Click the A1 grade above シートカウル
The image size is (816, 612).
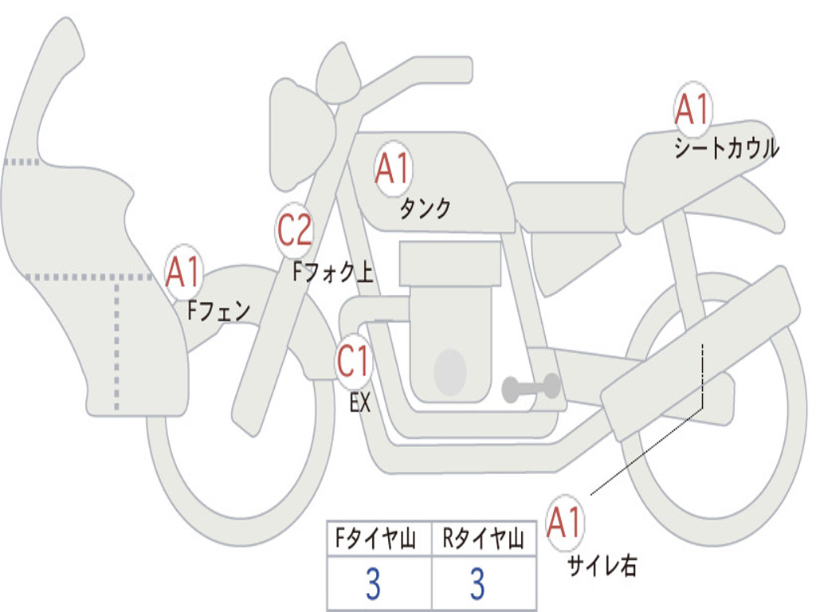click(692, 109)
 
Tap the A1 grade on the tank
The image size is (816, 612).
click(392, 168)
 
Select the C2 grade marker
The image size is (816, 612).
click(295, 231)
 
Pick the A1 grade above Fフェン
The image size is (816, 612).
click(183, 273)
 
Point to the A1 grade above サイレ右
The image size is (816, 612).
click(566, 523)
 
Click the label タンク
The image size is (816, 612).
click(425, 209)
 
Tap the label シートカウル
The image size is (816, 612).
click(726, 149)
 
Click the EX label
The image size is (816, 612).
click(360, 403)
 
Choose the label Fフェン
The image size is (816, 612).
click(218, 310)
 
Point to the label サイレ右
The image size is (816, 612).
click(602, 566)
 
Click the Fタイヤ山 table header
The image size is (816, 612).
click(379, 540)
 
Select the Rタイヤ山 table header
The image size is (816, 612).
click(483, 540)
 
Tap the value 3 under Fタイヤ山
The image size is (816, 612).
click(373, 585)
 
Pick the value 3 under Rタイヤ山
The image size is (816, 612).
click(477, 585)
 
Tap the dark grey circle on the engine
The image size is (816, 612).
click(449, 371)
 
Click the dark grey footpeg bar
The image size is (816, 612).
click(531, 388)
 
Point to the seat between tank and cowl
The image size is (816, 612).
click(566, 197)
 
